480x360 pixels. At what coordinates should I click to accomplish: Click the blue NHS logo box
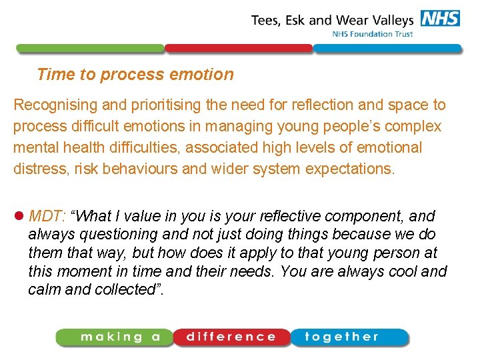(440, 18)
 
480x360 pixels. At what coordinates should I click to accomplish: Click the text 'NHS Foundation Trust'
(373, 34)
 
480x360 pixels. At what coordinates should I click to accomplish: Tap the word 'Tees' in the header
(266, 19)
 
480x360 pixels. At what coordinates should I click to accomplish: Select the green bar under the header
(90, 49)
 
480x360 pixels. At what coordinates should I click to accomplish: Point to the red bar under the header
(238, 49)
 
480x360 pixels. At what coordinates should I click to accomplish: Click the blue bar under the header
(387, 49)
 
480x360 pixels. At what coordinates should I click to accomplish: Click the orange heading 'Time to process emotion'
(135, 74)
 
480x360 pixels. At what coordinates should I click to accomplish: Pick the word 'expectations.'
(350, 168)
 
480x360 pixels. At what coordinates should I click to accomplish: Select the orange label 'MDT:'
(47, 216)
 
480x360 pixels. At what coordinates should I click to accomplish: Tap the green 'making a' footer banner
(115, 337)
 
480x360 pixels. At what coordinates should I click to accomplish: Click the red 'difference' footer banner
(231, 337)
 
